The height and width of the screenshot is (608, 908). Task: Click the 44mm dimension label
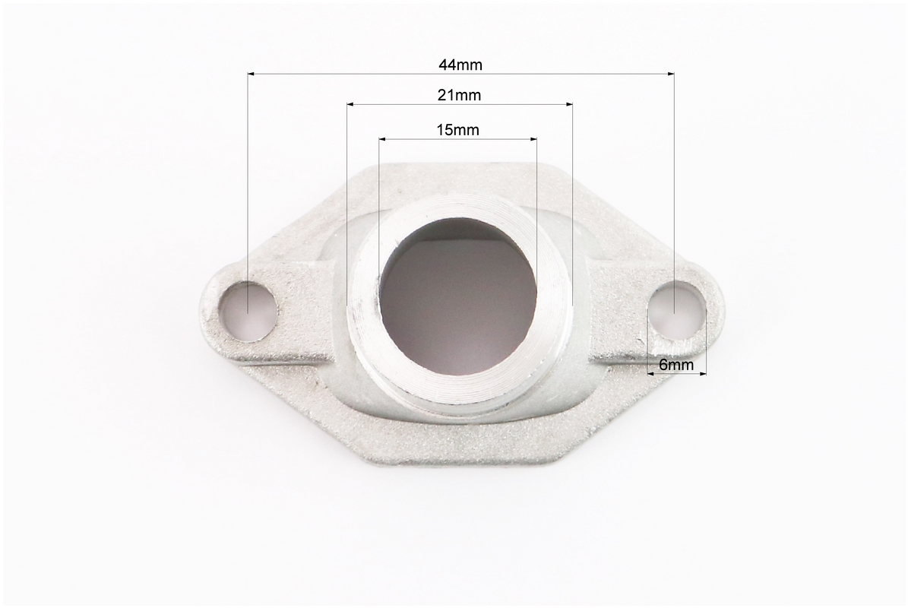coord(460,65)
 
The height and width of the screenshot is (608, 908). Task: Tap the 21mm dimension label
coord(459,94)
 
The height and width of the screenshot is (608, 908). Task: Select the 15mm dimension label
coord(458,130)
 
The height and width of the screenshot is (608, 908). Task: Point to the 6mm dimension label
coord(676,365)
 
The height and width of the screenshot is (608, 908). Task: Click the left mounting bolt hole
coord(248,311)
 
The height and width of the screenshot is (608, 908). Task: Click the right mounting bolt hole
coord(675,310)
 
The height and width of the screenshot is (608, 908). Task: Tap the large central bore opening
coord(459,297)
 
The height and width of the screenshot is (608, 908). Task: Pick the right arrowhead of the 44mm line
coord(671,74)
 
